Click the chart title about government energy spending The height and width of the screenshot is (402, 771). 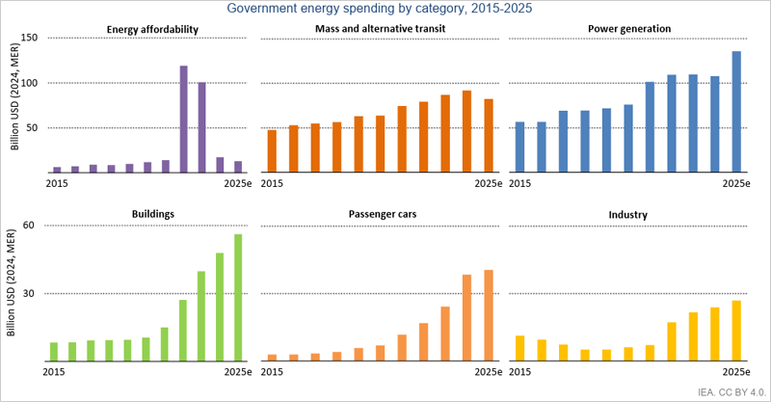(x=385, y=10)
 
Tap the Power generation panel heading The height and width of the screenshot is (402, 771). (x=628, y=29)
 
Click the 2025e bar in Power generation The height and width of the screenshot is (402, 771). (x=736, y=113)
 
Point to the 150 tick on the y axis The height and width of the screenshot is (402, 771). (x=28, y=38)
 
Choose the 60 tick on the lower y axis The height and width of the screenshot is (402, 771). (x=28, y=225)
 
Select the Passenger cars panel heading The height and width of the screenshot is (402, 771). (x=385, y=213)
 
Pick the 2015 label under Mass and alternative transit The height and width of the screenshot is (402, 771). (x=273, y=183)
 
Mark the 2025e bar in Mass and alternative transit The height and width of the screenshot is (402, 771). (x=489, y=136)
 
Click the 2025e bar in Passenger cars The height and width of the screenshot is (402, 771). (x=489, y=315)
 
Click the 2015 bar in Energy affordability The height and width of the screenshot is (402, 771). (x=57, y=170)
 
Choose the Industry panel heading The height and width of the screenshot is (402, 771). (x=628, y=213)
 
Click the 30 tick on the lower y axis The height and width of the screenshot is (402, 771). (x=28, y=293)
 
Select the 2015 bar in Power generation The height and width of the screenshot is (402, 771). (x=520, y=147)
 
